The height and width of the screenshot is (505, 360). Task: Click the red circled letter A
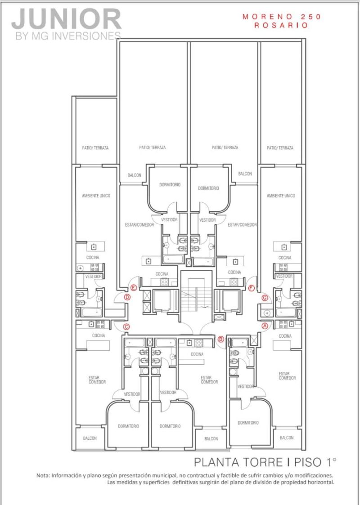click(x=265, y=326)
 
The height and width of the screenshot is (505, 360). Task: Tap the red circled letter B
click(x=221, y=339)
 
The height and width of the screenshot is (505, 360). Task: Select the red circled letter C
click(x=126, y=327)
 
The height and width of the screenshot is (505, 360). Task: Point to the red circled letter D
click(x=127, y=297)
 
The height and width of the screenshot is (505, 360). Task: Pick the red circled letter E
click(x=134, y=288)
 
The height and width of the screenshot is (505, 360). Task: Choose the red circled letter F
click(x=252, y=288)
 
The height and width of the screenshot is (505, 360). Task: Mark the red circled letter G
click(x=265, y=298)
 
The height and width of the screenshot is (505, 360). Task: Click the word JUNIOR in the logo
click(x=67, y=19)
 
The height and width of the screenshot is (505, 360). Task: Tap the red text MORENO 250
click(x=282, y=17)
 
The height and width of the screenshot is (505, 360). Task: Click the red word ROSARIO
click(x=281, y=26)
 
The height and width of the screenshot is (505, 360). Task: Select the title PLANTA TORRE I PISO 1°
click(x=265, y=462)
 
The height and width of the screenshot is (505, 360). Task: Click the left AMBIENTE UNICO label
click(x=96, y=196)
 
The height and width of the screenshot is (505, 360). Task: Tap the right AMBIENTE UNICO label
click(x=281, y=196)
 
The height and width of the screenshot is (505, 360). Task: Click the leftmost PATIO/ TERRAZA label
click(x=95, y=148)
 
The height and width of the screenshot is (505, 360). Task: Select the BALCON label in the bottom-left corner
click(x=90, y=438)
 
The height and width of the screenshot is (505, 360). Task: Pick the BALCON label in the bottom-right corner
click(x=287, y=438)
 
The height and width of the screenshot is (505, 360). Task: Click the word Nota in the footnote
click(x=43, y=475)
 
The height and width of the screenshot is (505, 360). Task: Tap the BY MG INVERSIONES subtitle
click(x=68, y=36)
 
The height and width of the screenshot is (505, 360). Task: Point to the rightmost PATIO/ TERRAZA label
click(x=280, y=148)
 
